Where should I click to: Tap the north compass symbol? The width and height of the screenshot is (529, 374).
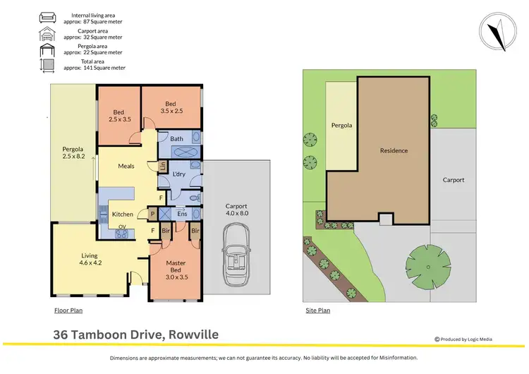point(499,31)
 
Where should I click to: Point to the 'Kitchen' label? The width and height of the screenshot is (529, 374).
point(123,214)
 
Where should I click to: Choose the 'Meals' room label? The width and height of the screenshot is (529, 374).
point(126,166)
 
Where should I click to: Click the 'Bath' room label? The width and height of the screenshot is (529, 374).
point(176,139)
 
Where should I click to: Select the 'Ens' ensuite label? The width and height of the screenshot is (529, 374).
point(181,213)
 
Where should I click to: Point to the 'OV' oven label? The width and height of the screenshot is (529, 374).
point(122,227)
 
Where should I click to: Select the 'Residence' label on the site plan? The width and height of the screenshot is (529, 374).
point(394,150)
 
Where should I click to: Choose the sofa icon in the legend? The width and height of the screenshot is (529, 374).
point(48,17)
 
